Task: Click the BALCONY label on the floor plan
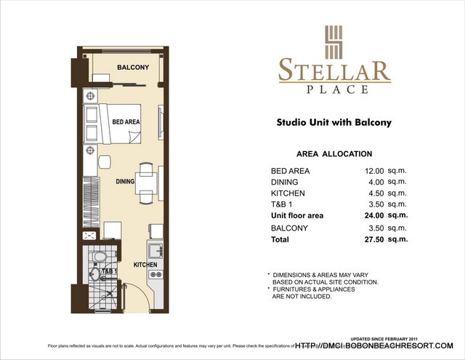click(133, 68)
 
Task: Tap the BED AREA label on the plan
click(126, 122)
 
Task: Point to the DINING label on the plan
click(125, 182)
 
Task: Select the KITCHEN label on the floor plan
click(145, 265)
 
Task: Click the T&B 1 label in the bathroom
click(109, 271)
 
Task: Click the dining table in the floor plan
click(146, 182)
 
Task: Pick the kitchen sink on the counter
click(155, 251)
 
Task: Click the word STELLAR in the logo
click(334, 71)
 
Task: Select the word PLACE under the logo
click(334, 89)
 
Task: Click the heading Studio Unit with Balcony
click(334, 123)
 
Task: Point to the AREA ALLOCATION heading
click(334, 154)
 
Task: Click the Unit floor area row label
click(297, 216)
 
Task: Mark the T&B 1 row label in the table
click(281, 204)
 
